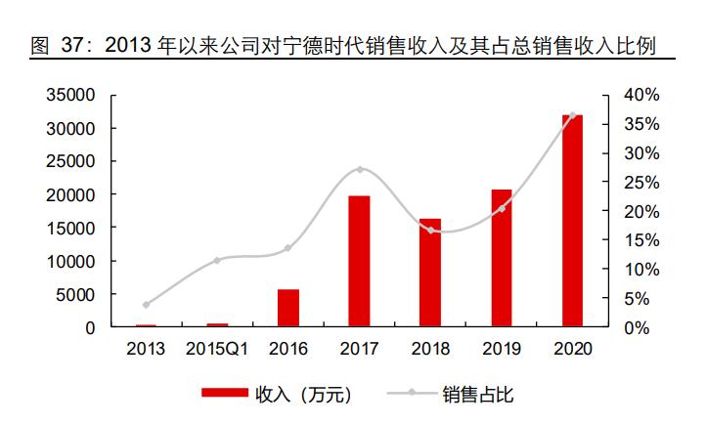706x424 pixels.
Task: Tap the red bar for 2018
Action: (430, 273)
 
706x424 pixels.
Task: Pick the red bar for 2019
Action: (501, 258)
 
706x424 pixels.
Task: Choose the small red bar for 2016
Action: (288, 308)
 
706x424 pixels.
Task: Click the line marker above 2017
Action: (360, 170)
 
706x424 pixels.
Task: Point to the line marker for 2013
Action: (147, 305)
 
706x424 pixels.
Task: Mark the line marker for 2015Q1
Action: (217, 260)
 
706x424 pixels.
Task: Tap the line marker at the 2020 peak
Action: (572, 115)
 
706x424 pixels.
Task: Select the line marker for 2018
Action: (430, 231)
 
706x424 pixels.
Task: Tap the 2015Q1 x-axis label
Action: (217, 349)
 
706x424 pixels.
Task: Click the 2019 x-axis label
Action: (501, 349)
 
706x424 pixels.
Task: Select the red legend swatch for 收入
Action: (224, 395)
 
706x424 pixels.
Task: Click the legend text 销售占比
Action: (477, 395)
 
